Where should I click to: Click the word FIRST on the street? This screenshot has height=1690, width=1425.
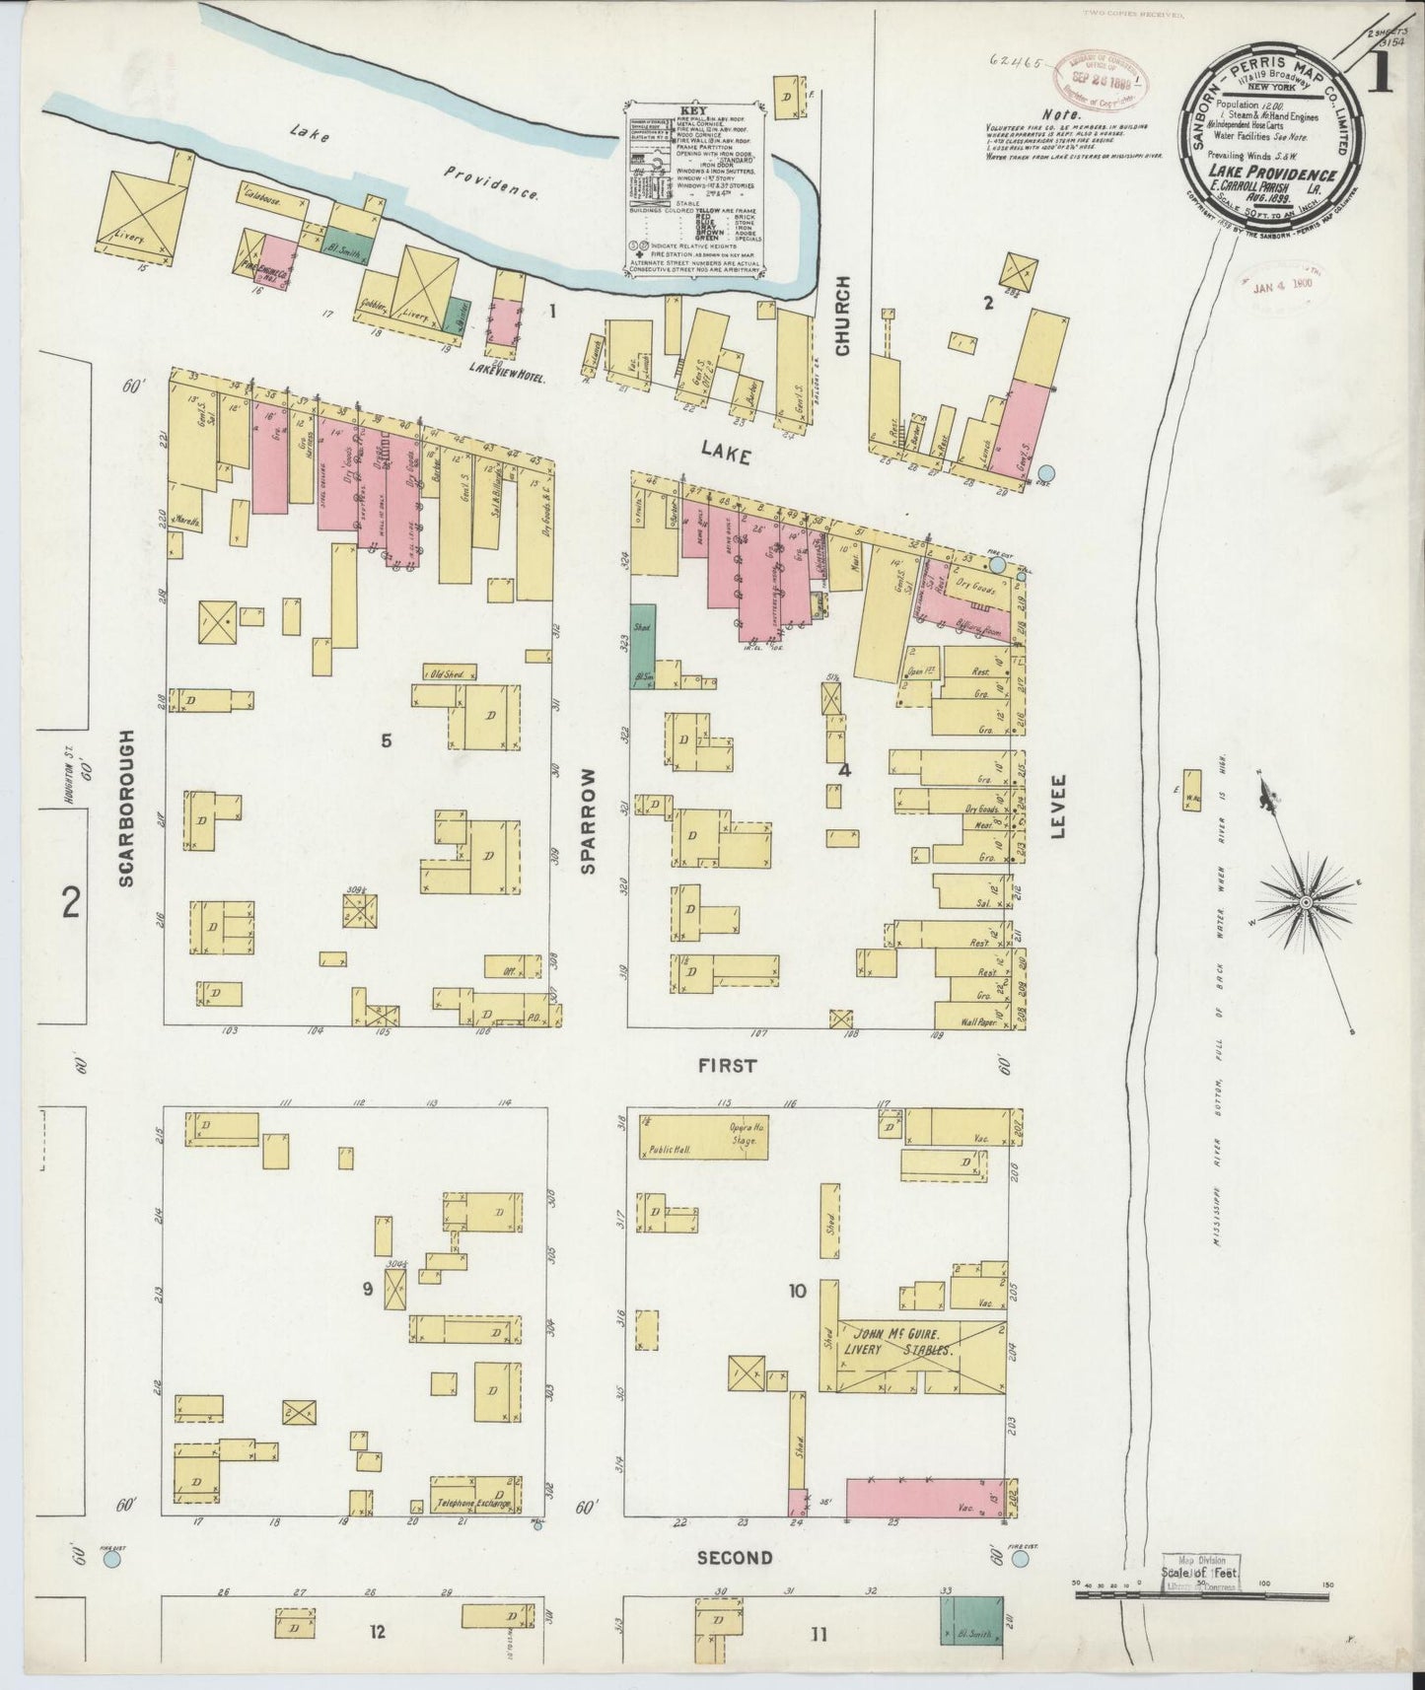[x=728, y=1065]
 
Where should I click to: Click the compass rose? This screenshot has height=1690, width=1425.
[x=1308, y=902]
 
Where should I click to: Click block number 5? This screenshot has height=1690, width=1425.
[x=387, y=739]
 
